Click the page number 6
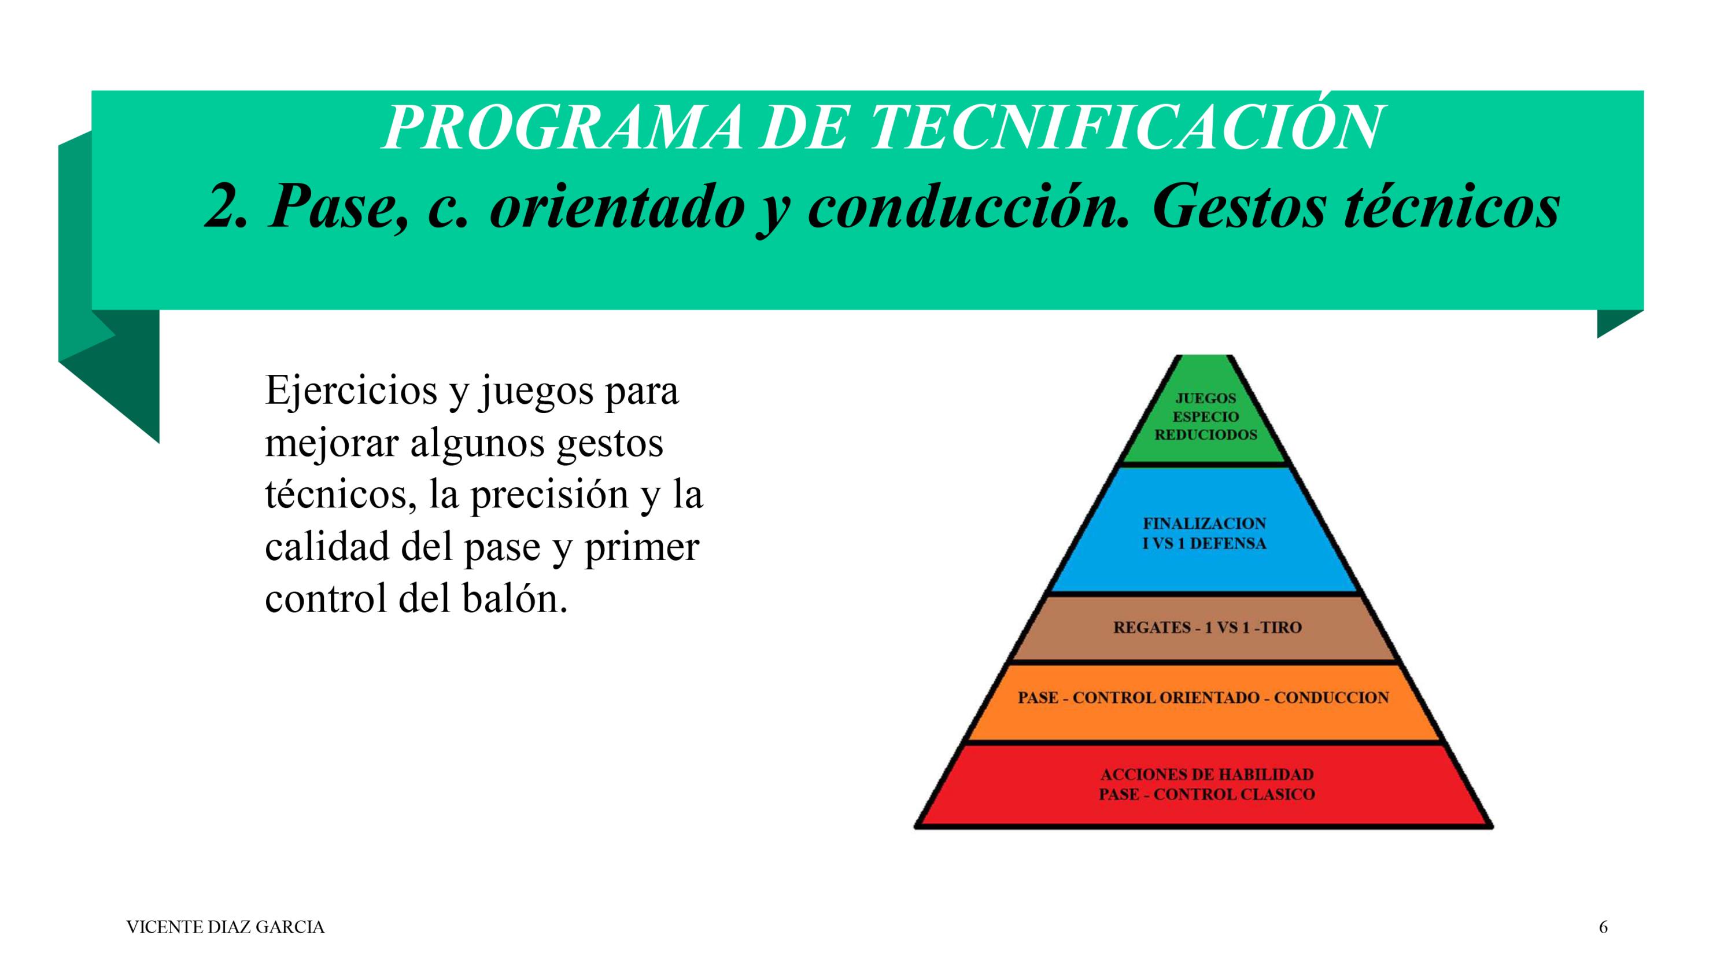[x=1604, y=927]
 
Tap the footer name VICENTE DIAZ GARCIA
[x=226, y=927]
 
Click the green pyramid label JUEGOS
[x=1206, y=399]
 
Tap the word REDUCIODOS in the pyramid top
[x=1206, y=434]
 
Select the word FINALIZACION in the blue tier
[x=1204, y=524]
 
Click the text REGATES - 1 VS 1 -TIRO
[x=1208, y=628]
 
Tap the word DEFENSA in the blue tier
[x=1228, y=544]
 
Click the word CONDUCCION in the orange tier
[x=1331, y=698]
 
